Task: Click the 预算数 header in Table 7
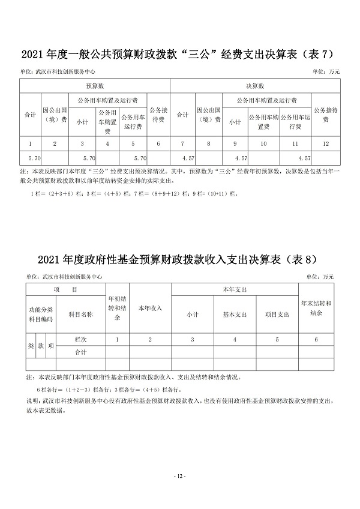95,86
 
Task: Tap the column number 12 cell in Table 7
325,143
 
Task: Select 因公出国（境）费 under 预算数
55,115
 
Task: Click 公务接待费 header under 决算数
325,115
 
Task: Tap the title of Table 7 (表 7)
180,56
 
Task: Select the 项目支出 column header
277,314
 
